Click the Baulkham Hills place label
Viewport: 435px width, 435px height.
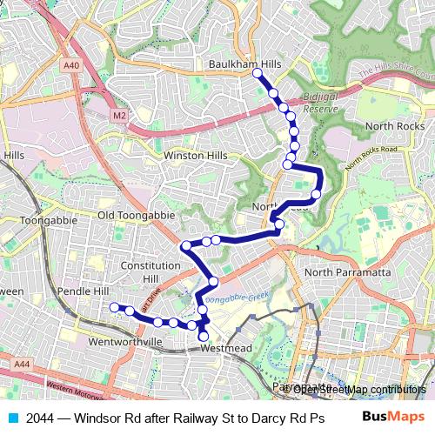click(244, 64)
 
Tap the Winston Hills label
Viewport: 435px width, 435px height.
click(195, 156)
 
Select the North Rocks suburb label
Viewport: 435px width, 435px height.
click(395, 126)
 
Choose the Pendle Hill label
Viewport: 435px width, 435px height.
click(84, 290)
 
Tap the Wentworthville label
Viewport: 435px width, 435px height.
click(125, 342)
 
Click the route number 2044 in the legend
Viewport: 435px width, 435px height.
click(38, 417)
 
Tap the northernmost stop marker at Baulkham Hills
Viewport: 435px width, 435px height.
click(257, 75)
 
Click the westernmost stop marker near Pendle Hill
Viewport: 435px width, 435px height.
click(113, 306)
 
